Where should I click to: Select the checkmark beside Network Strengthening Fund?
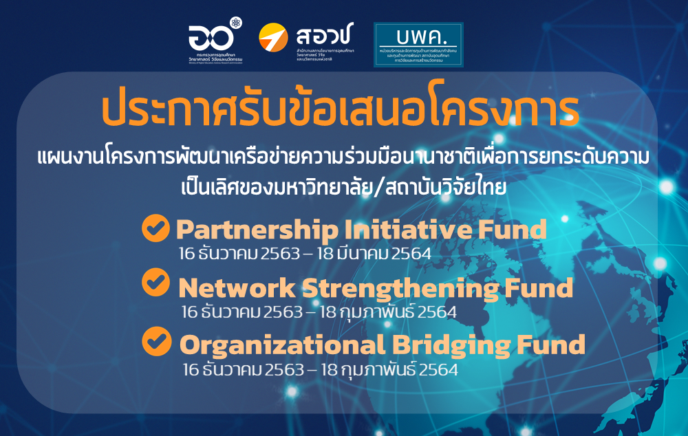tap(155, 282)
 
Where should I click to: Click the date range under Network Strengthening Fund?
tap(319, 312)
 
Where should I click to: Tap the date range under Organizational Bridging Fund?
tap(320, 369)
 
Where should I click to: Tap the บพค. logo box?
tap(418, 45)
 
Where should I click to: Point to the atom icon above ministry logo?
tap(237, 23)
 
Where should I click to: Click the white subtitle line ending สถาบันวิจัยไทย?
tap(341, 186)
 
